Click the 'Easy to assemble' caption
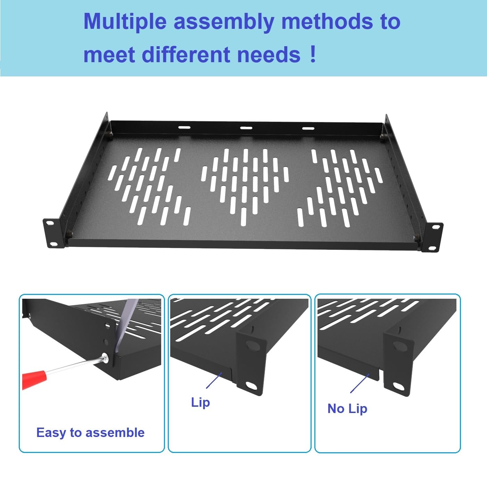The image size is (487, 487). click(x=90, y=432)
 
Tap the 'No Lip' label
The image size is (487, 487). click(x=347, y=408)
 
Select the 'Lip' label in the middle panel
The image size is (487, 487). click(x=200, y=402)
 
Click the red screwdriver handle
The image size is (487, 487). click(x=34, y=379)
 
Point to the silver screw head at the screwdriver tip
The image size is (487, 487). click(x=105, y=358)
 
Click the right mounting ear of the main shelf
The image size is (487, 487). click(x=433, y=237)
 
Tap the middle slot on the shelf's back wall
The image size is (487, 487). click(x=246, y=127)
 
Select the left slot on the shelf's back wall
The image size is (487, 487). click(x=184, y=127)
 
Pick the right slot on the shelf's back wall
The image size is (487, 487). click(x=308, y=128)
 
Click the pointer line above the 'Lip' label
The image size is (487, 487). click(x=214, y=380)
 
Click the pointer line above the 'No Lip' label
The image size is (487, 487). click(x=360, y=383)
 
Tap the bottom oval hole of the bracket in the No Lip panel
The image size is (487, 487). click(x=398, y=387)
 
